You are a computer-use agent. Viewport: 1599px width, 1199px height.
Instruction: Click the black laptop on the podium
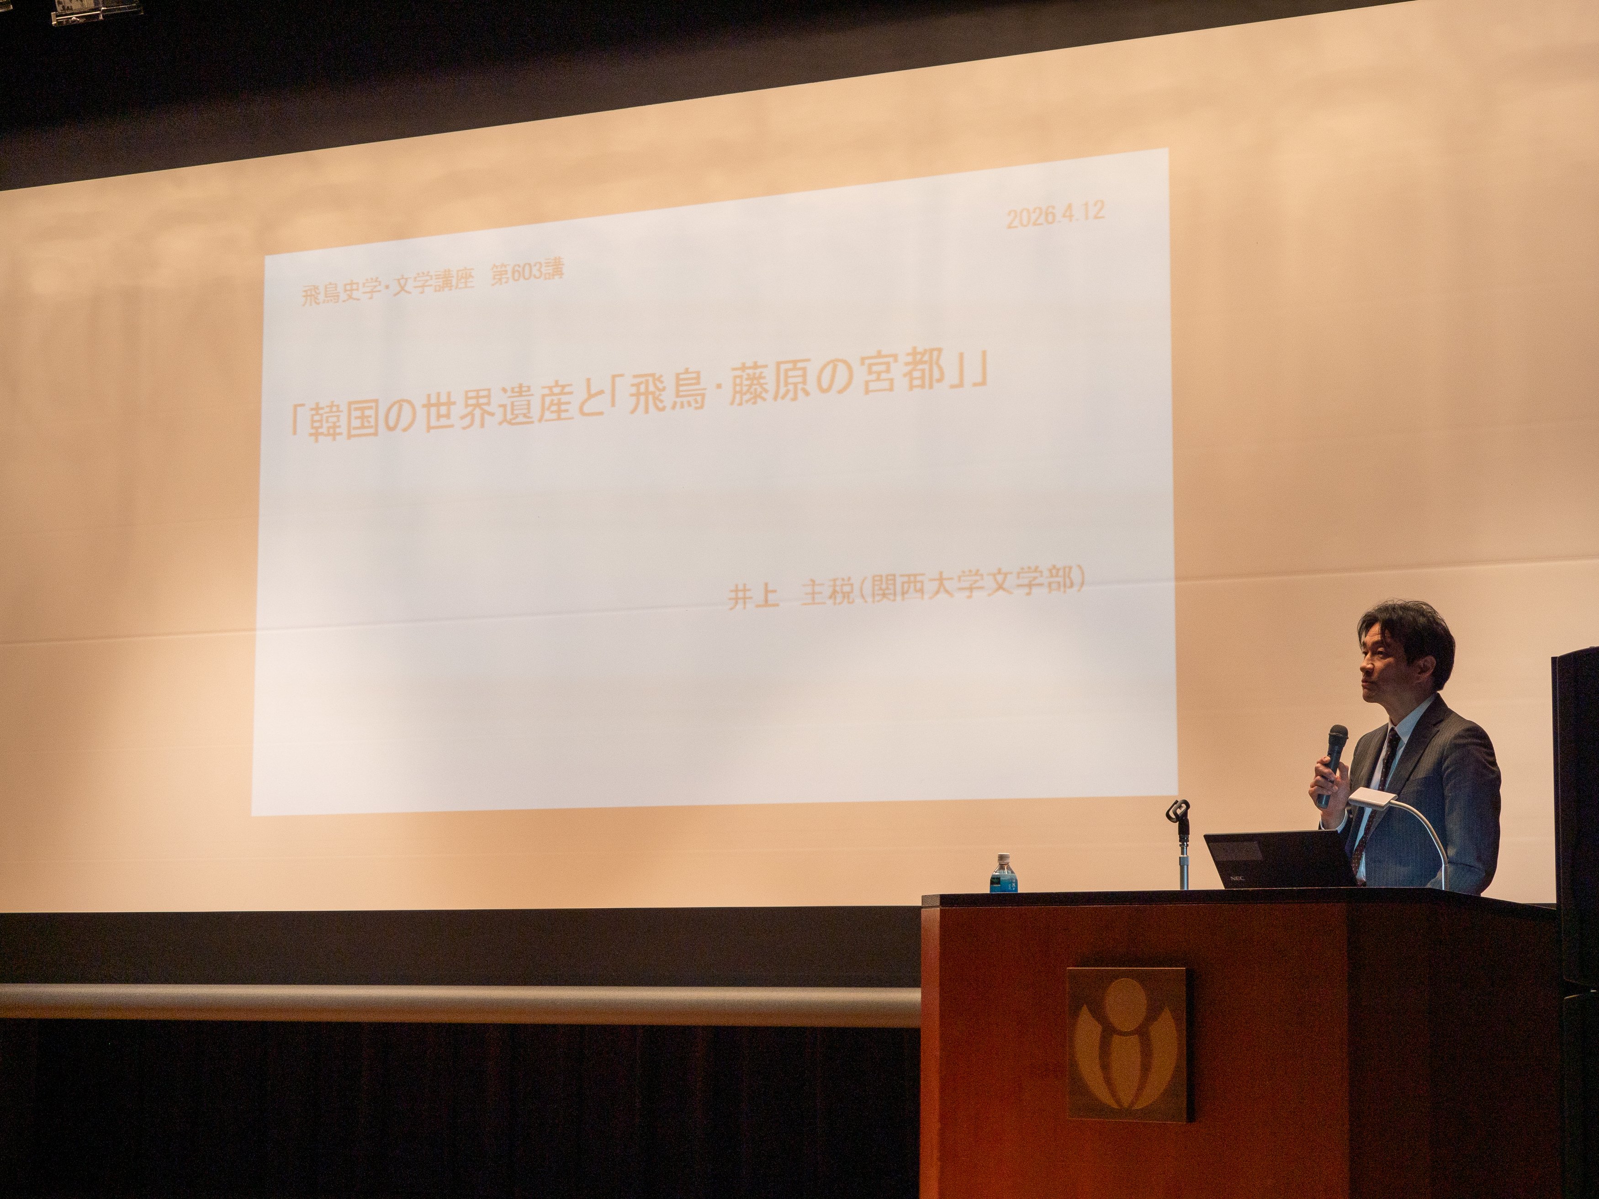1280,859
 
